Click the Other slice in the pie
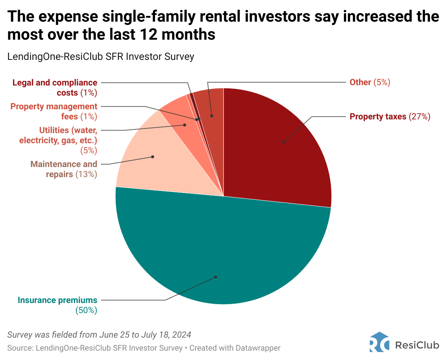(214, 105)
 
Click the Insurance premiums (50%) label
(58, 305)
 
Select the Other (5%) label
(370, 82)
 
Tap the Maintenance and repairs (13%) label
(64, 169)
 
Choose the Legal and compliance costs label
(55, 88)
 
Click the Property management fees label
(54, 111)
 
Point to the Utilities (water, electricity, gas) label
(58, 140)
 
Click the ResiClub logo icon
(379, 342)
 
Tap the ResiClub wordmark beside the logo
(417, 345)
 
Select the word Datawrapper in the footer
(258, 348)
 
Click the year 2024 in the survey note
(181, 335)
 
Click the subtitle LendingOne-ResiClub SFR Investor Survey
(101, 57)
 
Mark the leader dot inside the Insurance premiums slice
(216, 277)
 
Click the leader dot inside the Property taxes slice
(284, 142)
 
